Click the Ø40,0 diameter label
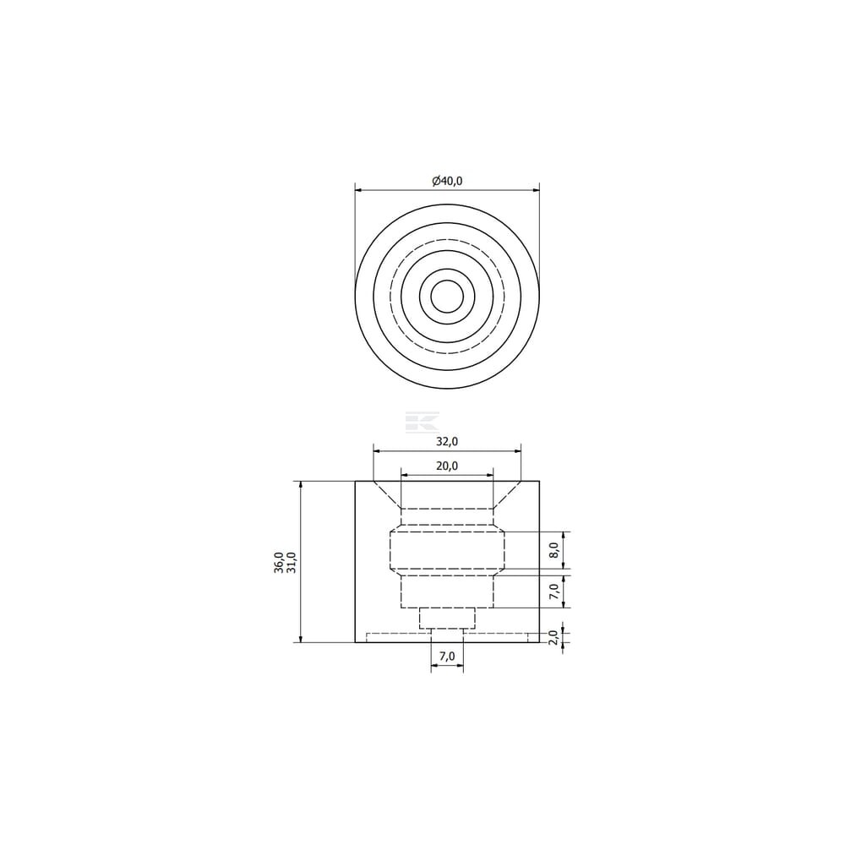[x=447, y=181]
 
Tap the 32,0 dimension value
[x=447, y=441]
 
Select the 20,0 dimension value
[x=447, y=466]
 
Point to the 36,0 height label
[x=279, y=563]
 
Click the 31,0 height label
[x=291, y=563]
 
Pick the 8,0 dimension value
[x=554, y=551]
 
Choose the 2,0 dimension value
[x=554, y=637]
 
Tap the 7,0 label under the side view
[x=447, y=656]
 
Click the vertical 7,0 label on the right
[x=554, y=591]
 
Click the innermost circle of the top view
[x=447, y=281]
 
